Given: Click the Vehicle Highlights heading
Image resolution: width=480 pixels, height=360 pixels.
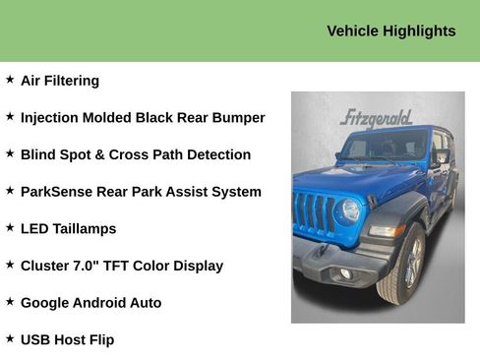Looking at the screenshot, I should (390, 31).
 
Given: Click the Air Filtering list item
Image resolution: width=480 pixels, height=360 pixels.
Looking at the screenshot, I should (60, 81).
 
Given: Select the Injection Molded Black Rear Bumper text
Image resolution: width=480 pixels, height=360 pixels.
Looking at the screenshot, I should (143, 118).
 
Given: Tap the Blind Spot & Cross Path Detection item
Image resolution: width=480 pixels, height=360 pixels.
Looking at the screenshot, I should (136, 154).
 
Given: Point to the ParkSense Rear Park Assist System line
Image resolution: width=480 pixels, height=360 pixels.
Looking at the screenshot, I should (141, 192).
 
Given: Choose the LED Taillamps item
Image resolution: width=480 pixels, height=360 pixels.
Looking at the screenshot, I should (68, 228).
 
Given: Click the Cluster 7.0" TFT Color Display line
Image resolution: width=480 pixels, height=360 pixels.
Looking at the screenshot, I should (122, 266).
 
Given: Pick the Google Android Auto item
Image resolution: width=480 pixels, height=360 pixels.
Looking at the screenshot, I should (90, 303).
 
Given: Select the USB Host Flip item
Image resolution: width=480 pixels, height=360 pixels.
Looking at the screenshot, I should (67, 339).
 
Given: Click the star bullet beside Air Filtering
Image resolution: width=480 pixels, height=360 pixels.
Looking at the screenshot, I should (10, 79).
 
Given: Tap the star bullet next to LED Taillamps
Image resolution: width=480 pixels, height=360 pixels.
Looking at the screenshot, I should (10, 226).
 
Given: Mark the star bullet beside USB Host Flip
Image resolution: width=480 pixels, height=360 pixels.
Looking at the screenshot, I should (10, 337).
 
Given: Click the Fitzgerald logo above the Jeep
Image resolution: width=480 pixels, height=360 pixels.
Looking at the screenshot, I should (376, 119).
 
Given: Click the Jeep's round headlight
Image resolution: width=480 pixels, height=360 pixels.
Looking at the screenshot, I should (349, 210).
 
